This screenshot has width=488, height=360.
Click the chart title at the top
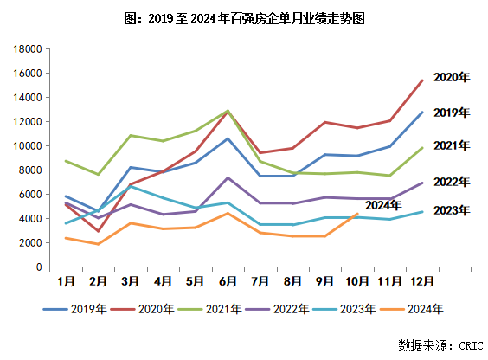point(244,17)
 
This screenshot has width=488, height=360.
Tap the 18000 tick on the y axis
point(26,49)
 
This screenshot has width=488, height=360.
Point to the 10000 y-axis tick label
point(26,146)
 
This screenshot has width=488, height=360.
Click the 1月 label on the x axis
point(65,281)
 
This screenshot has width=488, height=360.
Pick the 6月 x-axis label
point(228,281)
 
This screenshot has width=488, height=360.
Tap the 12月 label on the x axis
point(421,281)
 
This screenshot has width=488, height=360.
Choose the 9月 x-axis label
point(324,281)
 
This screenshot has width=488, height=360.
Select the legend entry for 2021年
point(224,309)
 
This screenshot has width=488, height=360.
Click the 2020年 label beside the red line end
point(451,78)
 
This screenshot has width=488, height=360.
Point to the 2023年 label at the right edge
point(451,210)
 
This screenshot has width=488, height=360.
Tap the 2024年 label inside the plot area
point(383,205)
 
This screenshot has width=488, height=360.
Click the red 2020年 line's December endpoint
point(421,80)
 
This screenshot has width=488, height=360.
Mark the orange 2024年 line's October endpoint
point(357,214)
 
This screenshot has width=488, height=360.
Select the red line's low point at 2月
point(98,232)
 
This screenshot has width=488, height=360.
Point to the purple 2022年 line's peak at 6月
point(228,177)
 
